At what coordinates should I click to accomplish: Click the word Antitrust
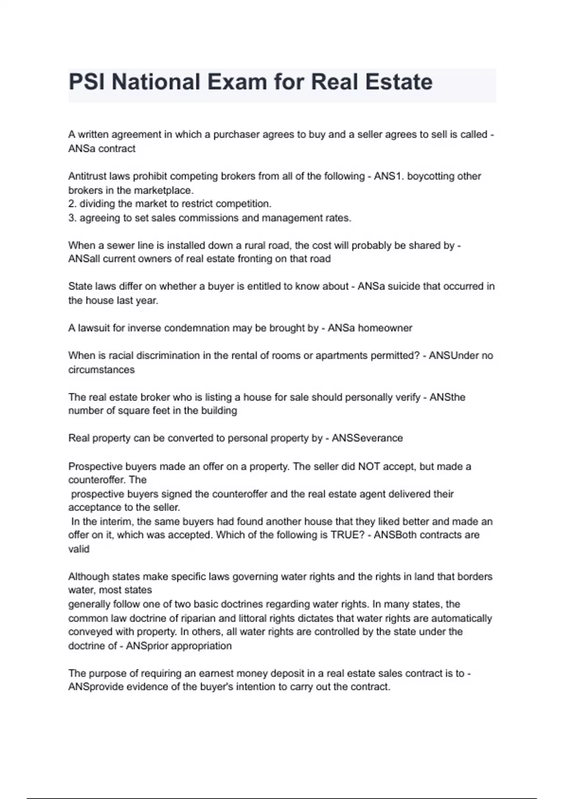click(x=87, y=176)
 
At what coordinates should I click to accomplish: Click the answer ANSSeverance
click(x=367, y=438)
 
